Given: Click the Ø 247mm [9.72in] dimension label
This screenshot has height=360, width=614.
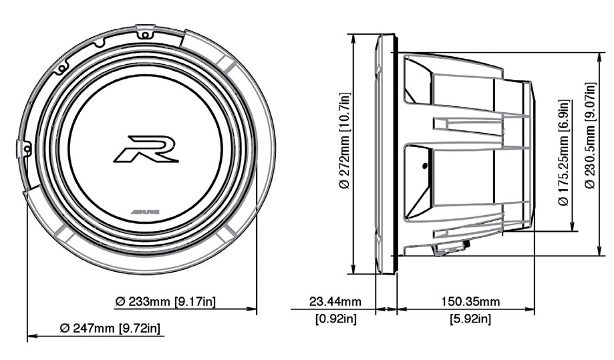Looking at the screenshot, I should click(110, 329).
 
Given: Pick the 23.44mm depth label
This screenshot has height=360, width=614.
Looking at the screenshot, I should click(335, 302).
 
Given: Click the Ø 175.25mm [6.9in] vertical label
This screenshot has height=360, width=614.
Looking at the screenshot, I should click(565, 153).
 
